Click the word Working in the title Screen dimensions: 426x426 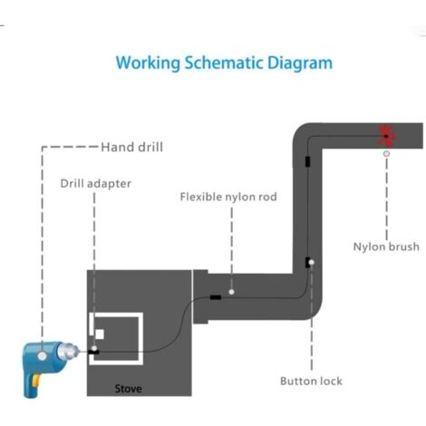coord(148,63)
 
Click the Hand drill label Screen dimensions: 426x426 coord(131,147)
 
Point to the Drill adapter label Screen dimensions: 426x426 coord(96,184)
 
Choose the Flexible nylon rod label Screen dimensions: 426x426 coord(228,197)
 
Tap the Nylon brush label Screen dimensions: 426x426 coord(386,247)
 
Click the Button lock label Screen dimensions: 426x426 coord(311,381)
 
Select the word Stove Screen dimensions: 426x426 coord(128,389)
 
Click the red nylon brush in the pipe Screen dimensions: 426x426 coord(386,136)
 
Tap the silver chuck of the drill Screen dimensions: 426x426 coord(68,352)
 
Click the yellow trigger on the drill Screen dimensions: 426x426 coord(36,381)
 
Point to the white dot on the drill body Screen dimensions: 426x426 coord(43,356)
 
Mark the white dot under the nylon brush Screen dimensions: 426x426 coord(386,154)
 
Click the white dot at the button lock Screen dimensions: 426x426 coord(312,262)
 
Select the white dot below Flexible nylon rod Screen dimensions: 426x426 coord(232,292)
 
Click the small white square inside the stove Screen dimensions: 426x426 coord(100,334)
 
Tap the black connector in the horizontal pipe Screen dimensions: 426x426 coord(216,297)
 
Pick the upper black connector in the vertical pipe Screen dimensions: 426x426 coord(307,161)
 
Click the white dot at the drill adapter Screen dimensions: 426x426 coord(94,349)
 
